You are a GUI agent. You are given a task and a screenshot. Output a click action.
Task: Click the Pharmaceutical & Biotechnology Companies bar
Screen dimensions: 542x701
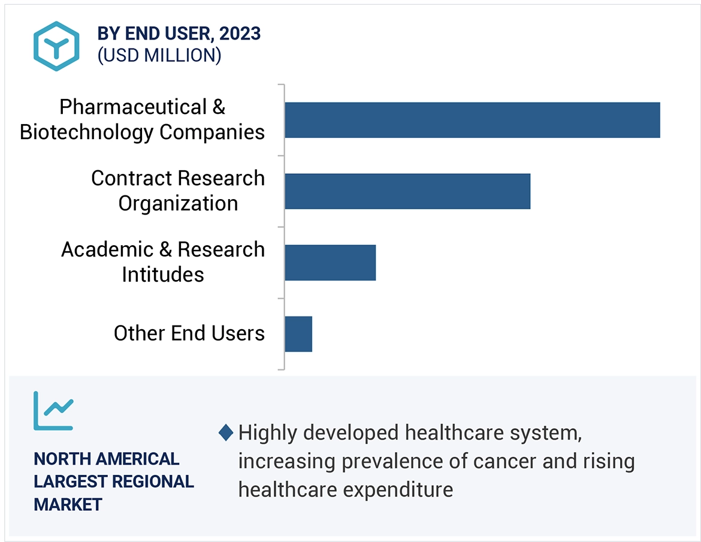click(x=472, y=120)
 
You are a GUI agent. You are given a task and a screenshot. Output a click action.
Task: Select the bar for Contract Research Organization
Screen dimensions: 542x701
click(x=407, y=191)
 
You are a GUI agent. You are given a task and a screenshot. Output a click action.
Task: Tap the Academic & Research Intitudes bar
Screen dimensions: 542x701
click(x=330, y=263)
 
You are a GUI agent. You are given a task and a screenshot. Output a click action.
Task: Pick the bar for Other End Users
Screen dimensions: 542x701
click(x=298, y=334)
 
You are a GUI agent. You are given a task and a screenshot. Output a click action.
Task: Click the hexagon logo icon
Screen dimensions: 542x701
click(x=56, y=46)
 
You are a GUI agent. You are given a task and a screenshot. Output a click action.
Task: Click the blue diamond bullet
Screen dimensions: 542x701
click(x=226, y=432)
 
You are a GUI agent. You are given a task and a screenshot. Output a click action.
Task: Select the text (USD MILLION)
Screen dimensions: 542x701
click(x=159, y=55)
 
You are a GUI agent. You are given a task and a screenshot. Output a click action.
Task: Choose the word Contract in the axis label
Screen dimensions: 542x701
click(x=129, y=178)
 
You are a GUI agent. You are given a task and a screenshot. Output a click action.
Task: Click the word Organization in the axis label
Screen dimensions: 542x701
click(x=178, y=203)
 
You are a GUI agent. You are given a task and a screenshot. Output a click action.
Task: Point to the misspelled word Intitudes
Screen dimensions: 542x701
click(x=163, y=275)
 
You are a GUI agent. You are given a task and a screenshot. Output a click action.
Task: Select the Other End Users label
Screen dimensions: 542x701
click(x=189, y=333)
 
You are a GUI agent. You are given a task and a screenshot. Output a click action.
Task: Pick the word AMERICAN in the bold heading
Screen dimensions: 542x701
click(x=137, y=459)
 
